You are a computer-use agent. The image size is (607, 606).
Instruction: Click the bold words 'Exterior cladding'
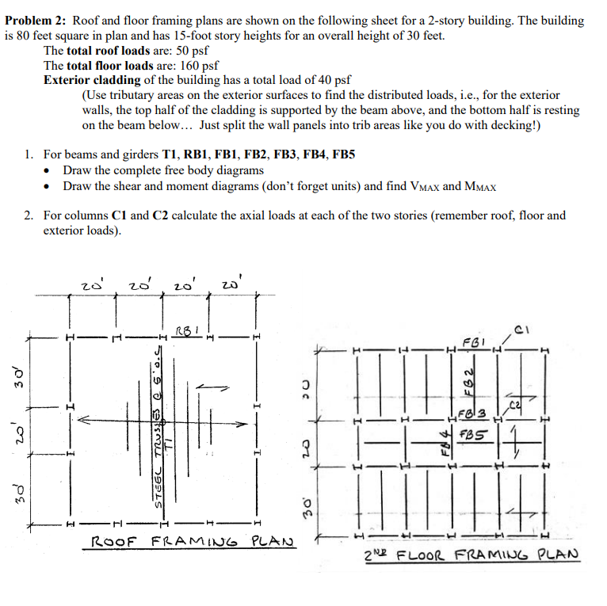coord(90,81)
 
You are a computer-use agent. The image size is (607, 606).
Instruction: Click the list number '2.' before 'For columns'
coord(29,215)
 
